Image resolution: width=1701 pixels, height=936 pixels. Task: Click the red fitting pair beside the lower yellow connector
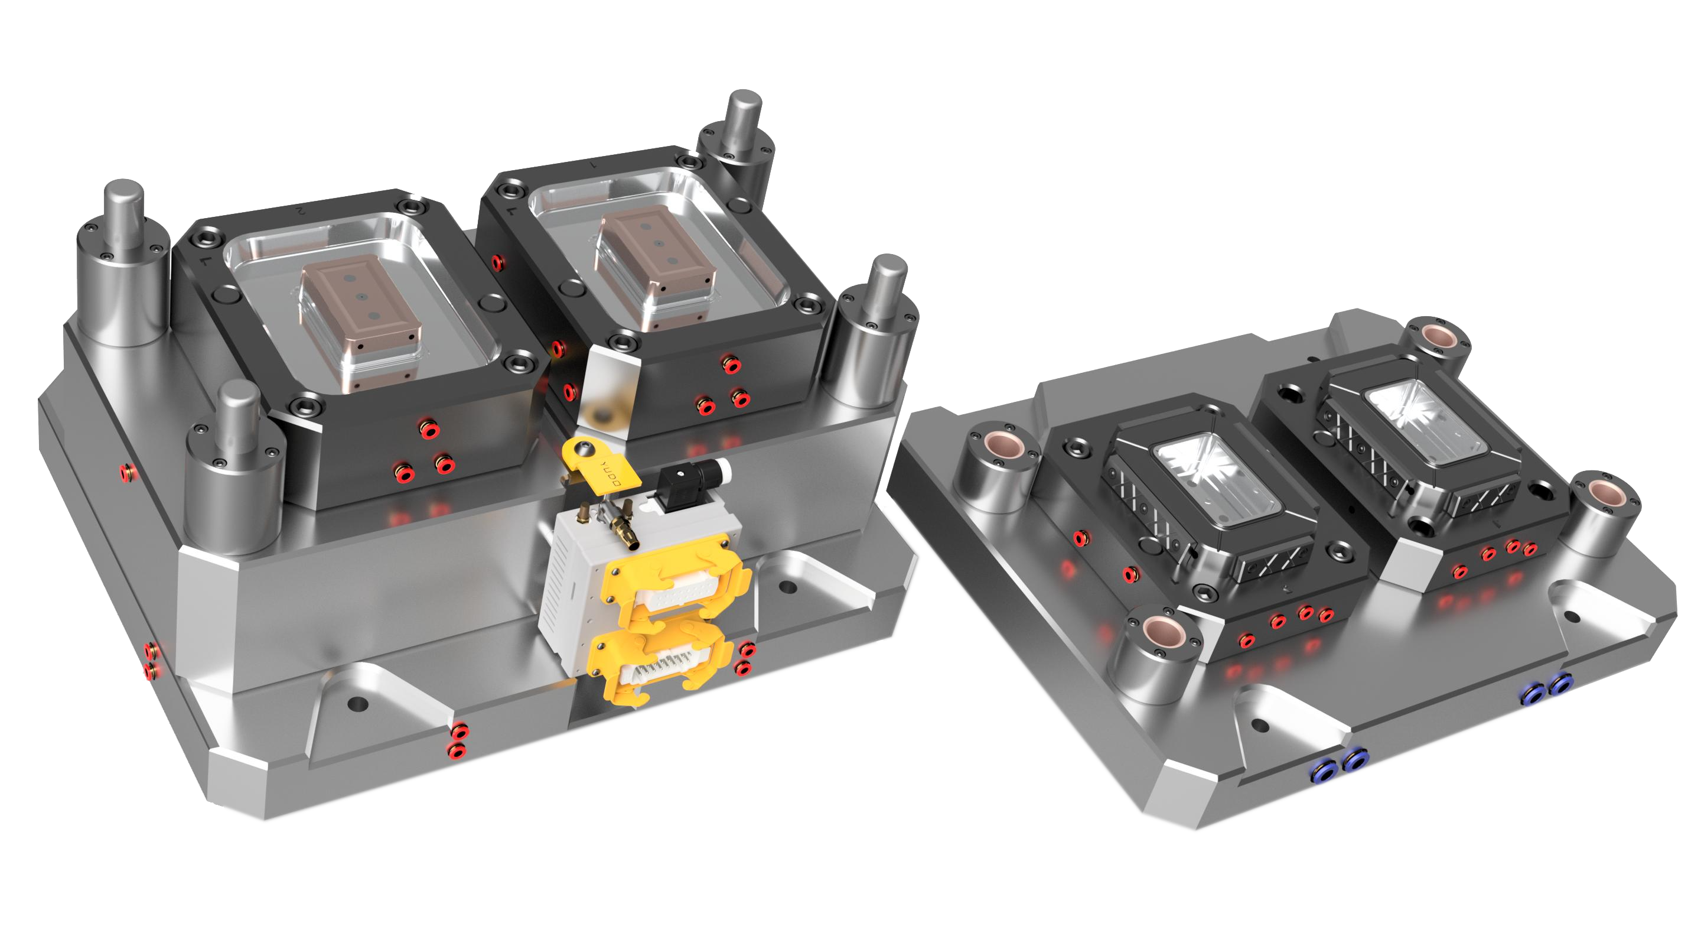point(744,658)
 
